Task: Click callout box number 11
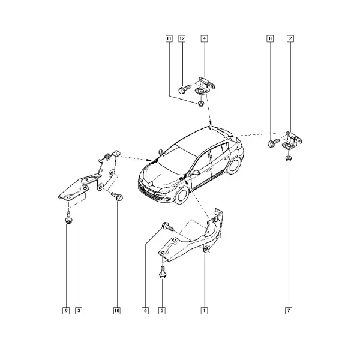pos(169,38)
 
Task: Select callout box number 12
pos(182,38)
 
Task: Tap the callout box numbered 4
pos(205,38)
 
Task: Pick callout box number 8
pos(270,38)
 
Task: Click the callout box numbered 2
pos(290,38)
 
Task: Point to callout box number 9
pos(66,311)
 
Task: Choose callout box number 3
pos(79,311)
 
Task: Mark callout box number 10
pos(117,311)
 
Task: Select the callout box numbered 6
pos(145,311)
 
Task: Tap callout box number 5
pos(162,311)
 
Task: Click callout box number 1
pos(204,311)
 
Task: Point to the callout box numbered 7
pos(289,311)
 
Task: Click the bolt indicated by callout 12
pos(184,89)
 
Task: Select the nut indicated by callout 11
pos(201,104)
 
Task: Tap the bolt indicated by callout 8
pos(273,142)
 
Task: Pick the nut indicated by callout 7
pos(287,158)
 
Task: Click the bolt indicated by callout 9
pos(68,217)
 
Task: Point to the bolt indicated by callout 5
pos(163,272)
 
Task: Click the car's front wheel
pos(182,196)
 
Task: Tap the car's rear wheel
pos(233,166)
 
